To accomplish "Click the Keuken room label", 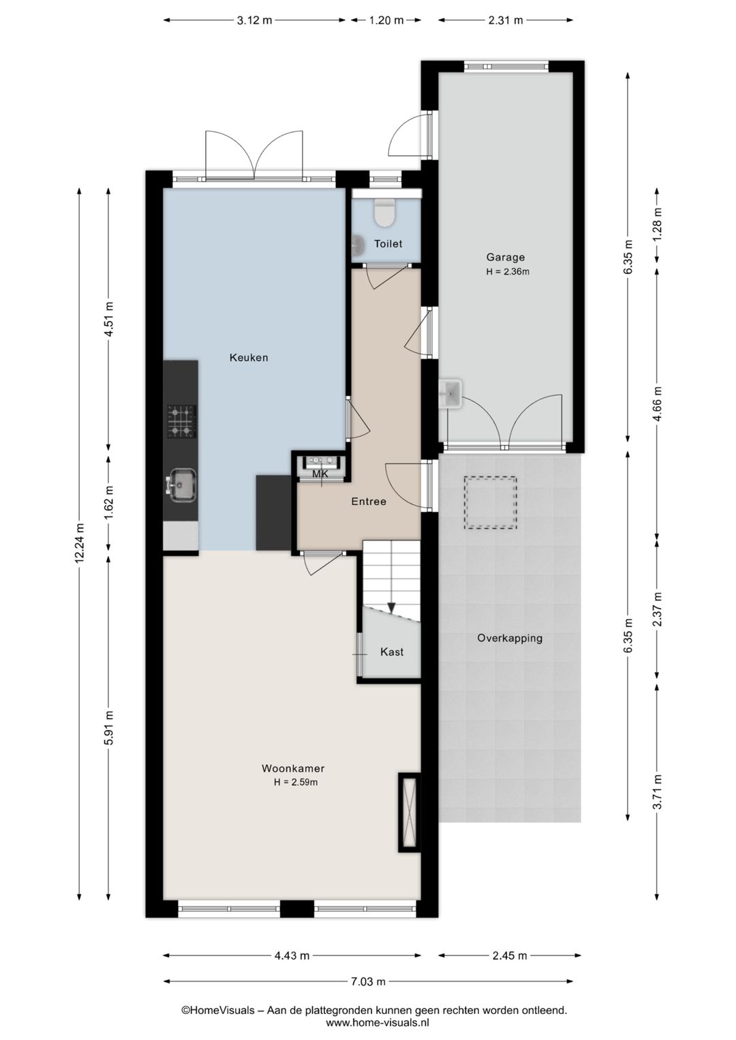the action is (x=249, y=358).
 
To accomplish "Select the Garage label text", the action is (x=505, y=257).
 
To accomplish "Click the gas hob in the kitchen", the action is (x=181, y=421).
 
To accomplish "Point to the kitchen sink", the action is (x=183, y=485).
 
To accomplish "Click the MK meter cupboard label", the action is (x=320, y=474).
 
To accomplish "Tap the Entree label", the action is (x=369, y=502).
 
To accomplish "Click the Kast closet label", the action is (x=391, y=652).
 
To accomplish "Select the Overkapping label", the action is (x=509, y=639).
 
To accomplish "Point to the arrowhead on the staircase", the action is (x=391, y=607).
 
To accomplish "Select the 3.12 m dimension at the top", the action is (x=254, y=20).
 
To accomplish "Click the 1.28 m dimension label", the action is (x=658, y=225).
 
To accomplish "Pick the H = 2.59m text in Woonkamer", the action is (x=295, y=782).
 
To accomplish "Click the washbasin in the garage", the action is (x=450, y=393).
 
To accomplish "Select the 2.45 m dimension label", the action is (x=509, y=955).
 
